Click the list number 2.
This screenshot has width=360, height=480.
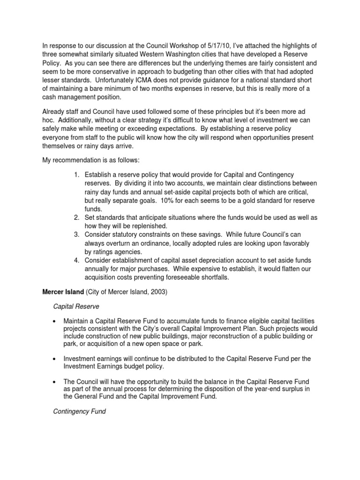76,217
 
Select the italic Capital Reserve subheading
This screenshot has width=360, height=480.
75,307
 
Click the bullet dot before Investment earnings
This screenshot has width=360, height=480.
56,359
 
